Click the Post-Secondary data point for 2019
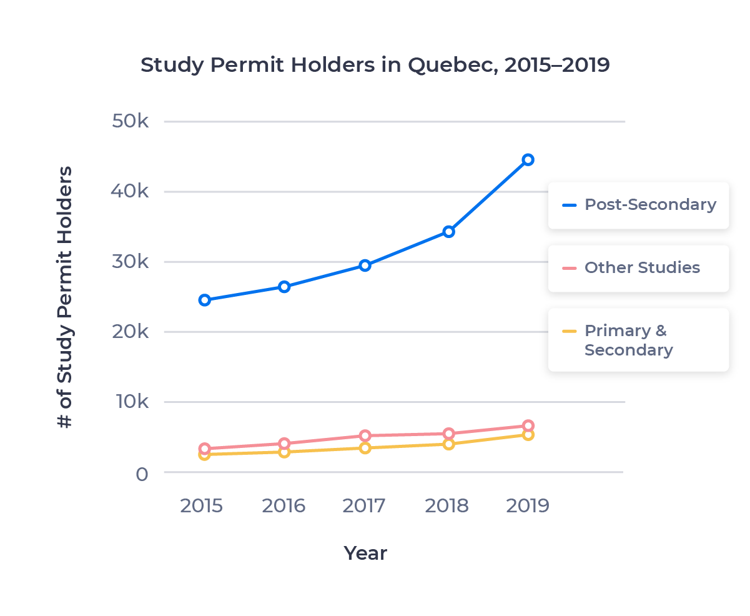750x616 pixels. tap(528, 159)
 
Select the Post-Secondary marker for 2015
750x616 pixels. tap(204, 300)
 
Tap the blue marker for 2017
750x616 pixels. tap(365, 266)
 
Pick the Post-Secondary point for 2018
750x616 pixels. tap(448, 232)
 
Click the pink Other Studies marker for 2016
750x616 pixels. tap(284, 444)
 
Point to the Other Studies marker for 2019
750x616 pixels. tap(528, 425)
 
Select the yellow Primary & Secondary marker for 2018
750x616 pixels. tap(448, 444)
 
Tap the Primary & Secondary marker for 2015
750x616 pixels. tap(204, 455)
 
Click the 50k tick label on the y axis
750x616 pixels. tap(130, 121)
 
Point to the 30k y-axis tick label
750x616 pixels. tap(130, 261)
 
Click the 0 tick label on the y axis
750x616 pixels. tap(142, 474)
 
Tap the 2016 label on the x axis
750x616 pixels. tap(284, 506)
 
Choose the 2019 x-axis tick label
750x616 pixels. tap(528, 506)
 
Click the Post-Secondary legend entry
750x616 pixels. tap(638, 205)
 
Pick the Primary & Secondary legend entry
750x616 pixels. tap(628, 340)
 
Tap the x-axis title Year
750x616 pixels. tap(365, 554)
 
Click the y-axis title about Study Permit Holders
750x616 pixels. tap(65, 297)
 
